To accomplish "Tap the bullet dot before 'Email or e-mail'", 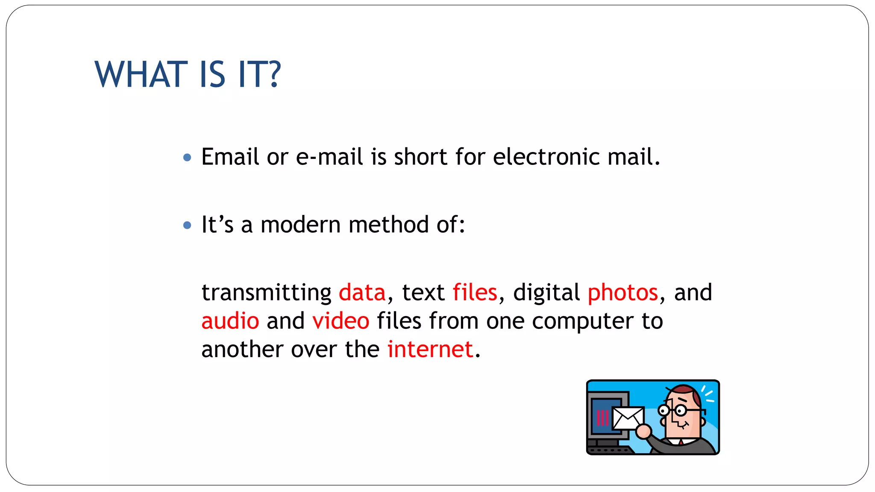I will point(187,158).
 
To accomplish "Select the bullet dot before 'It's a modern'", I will point(187,225).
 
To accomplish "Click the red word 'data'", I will point(362,293).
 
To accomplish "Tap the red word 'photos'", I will point(622,293).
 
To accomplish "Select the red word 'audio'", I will point(230,321).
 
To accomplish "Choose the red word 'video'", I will point(341,321).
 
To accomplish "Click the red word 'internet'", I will point(430,349).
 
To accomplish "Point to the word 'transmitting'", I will point(266,293).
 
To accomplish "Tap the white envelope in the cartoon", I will point(628,418).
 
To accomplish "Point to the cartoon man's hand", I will point(643,431).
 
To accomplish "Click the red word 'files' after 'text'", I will point(475,293).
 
